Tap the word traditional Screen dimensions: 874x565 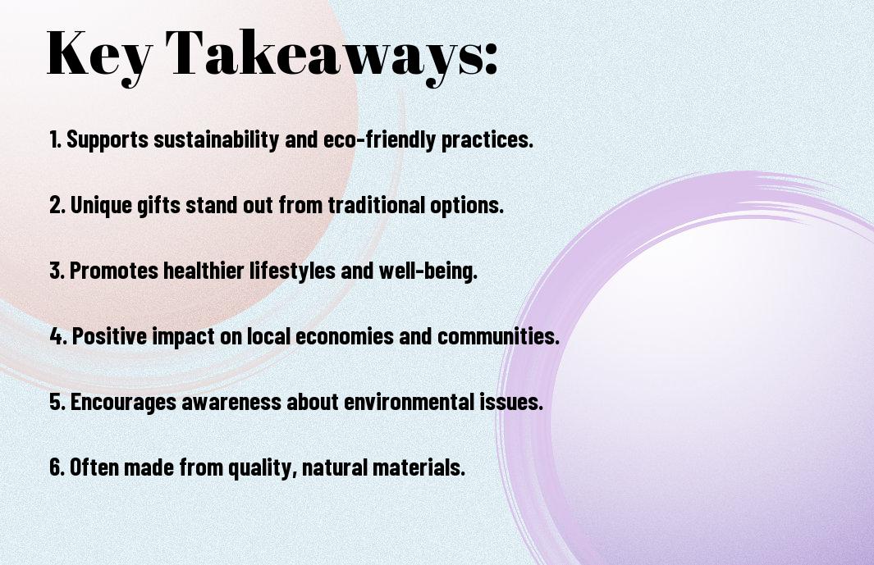tap(376, 205)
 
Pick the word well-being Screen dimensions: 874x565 tap(428, 271)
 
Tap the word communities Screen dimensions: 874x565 tap(498, 336)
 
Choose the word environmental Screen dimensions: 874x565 tap(409, 402)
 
